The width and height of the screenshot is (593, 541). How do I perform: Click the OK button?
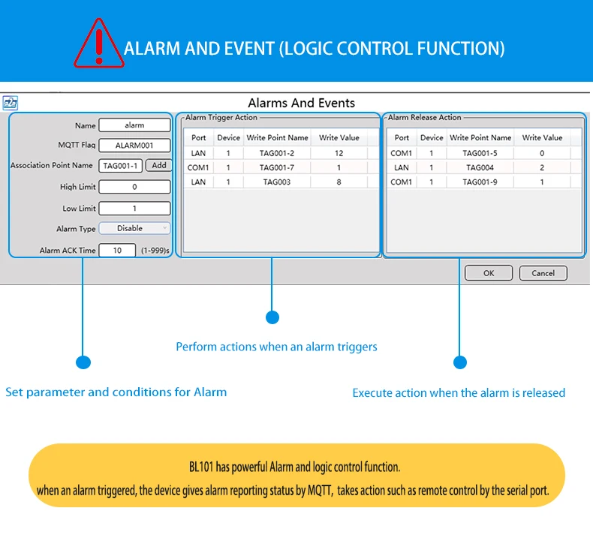click(x=488, y=273)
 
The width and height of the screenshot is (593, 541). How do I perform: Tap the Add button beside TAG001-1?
click(x=158, y=165)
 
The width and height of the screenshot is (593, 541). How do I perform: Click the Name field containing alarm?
click(x=134, y=125)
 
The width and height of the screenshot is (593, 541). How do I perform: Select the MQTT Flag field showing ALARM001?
click(x=134, y=146)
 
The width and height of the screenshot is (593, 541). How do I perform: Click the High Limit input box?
click(x=134, y=187)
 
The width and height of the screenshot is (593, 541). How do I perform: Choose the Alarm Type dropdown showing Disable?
click(x=134, y=228)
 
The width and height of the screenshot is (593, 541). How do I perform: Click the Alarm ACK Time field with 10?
click(x=119, y=251)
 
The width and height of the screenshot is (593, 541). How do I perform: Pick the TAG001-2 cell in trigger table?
click(x=277, y=153)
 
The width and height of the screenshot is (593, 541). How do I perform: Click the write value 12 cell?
click(x=339, y=153)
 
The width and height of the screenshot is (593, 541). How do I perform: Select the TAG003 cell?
click(x=277, y=182)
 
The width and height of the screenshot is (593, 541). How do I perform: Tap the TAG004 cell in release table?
click(x=480, y=167)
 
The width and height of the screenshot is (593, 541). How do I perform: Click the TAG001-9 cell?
click(x=480, y=182)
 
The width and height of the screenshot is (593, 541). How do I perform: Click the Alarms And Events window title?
click(x=301, y=103)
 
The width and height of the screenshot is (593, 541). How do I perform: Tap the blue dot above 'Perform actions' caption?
click(x=272, y=317)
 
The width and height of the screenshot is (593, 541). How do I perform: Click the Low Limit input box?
click(x=134, y=209)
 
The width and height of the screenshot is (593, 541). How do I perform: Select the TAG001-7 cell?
click(x=277, y=167)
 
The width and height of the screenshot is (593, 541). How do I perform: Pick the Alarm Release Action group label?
click(x=424, y=118)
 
